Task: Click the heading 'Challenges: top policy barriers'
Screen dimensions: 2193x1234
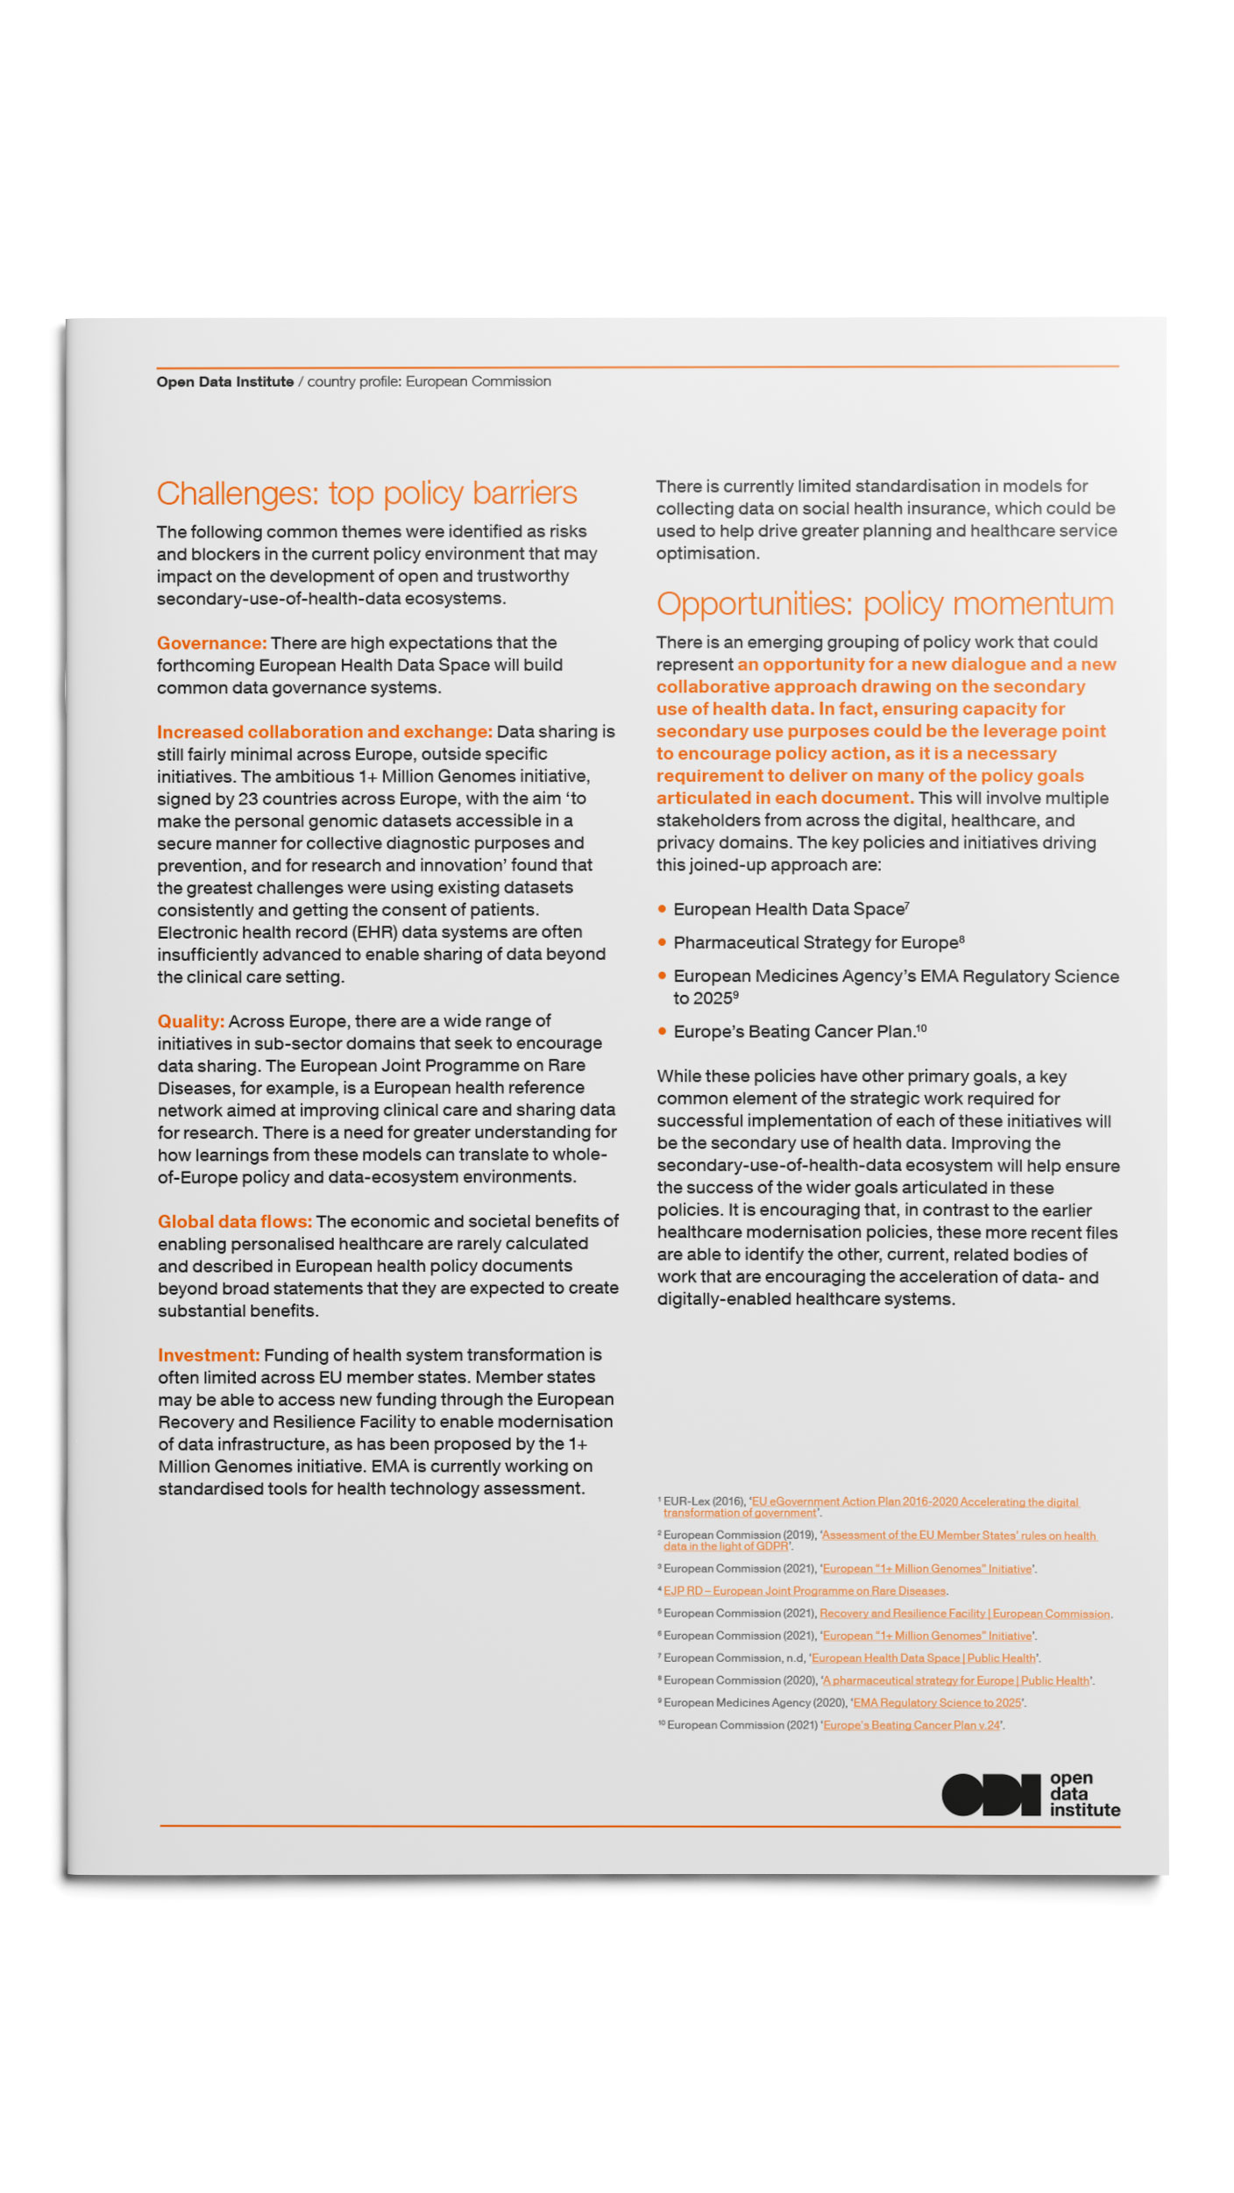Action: pos(366,493)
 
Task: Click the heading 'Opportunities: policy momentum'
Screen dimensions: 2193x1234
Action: pos(884,604)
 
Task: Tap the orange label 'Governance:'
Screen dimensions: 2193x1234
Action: pos(211,643)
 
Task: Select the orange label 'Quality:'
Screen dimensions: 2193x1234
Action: pos(190,1021)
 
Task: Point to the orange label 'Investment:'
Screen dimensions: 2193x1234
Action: pos(209,1355)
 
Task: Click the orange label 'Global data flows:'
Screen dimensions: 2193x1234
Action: pos(234,1222)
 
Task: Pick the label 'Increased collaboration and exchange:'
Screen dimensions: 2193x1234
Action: pos(324,732)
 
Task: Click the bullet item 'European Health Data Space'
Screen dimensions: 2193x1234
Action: pos(789,910)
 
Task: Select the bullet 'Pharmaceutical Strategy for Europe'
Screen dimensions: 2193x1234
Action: pos(815,943)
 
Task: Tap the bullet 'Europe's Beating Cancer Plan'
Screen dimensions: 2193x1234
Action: pos(794,1033)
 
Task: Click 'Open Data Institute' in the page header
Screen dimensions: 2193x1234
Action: pos(225,382)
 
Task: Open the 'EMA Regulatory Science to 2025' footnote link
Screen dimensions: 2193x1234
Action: pos(937,1702)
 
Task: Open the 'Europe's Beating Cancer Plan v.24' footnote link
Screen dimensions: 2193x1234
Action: pos(911,1725)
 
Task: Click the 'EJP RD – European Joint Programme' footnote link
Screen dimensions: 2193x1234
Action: pos(804,1591)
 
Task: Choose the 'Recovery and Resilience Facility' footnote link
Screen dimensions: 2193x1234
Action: pos(964,1614)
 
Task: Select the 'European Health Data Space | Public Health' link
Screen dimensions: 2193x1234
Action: pos(924,1658)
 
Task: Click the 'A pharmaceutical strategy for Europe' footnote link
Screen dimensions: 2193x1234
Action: pos(956,1680)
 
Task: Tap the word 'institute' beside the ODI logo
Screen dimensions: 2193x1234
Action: pos(1085,1810)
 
